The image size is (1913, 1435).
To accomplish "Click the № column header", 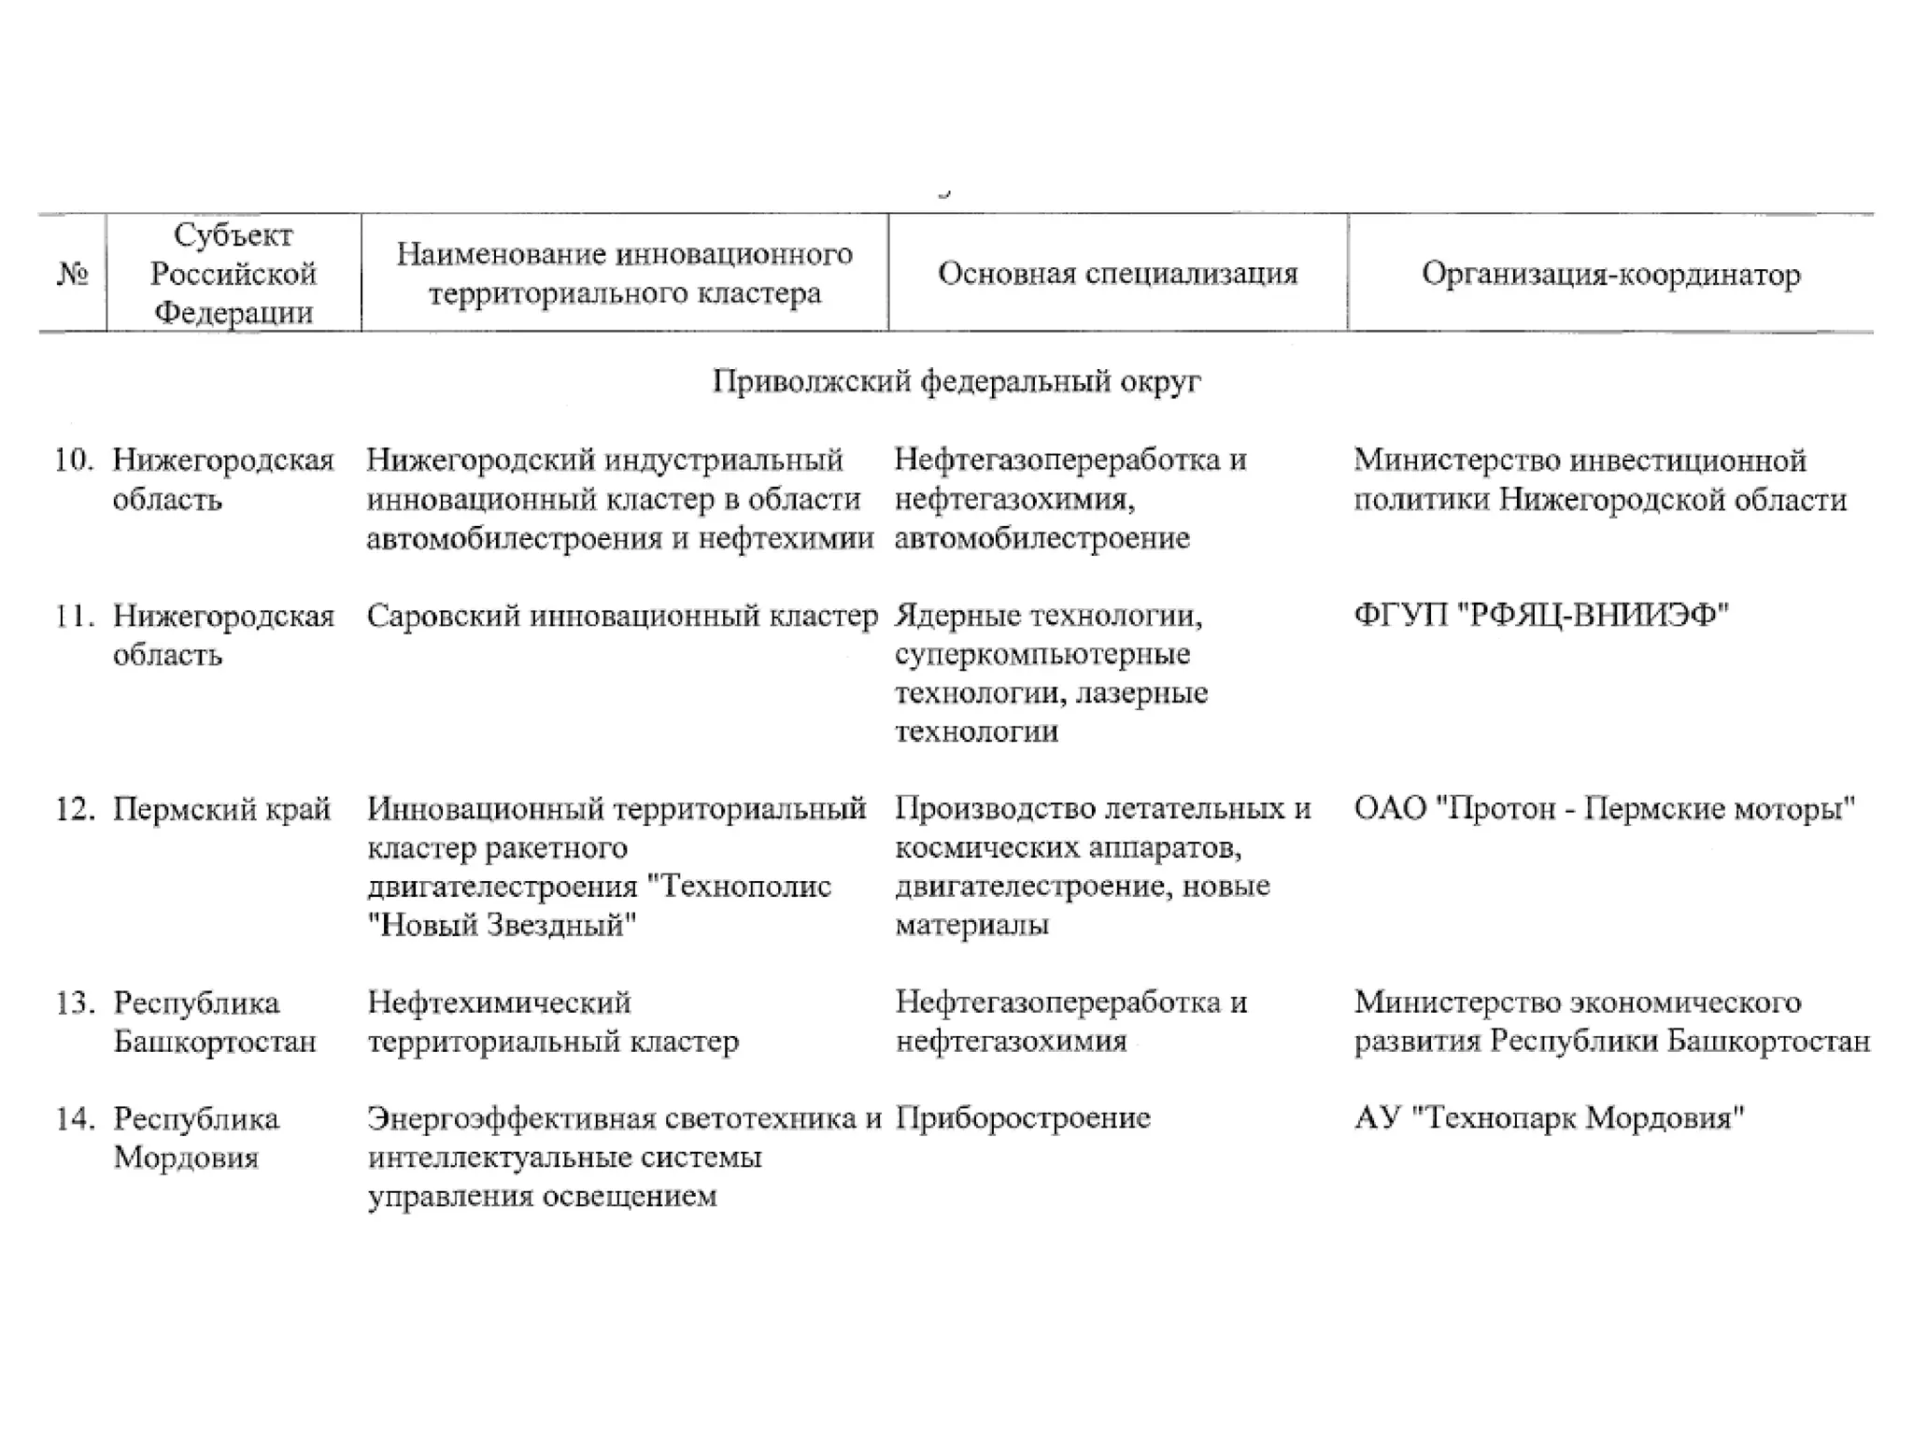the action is pos(72,275).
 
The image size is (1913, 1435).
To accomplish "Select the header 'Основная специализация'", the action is pos(1117,274).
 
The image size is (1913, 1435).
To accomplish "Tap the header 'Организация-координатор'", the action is pos(1610,275).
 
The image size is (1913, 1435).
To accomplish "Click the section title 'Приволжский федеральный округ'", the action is pos(956,381).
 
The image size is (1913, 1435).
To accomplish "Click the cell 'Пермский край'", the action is pos(221,809).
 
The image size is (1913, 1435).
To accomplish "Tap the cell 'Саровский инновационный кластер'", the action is pos(622,617).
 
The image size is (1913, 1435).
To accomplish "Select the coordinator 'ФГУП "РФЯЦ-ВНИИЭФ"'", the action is pos(1540,617).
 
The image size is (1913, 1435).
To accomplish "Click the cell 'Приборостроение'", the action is pos(1022,1119).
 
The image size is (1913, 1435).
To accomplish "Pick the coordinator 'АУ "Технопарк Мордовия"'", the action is pos(1549,1119).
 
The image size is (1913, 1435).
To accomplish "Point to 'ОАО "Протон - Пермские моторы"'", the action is pos(1603,809).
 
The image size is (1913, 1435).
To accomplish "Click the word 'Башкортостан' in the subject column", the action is pos(215,1042).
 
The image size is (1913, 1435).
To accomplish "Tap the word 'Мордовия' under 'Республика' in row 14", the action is pos(186,1158).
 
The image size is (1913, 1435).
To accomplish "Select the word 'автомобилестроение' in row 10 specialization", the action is pos(1042,539).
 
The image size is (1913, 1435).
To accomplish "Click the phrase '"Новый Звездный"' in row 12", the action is pos(502,926).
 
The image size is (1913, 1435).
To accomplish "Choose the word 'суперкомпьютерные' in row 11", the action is pos(1042,655).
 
